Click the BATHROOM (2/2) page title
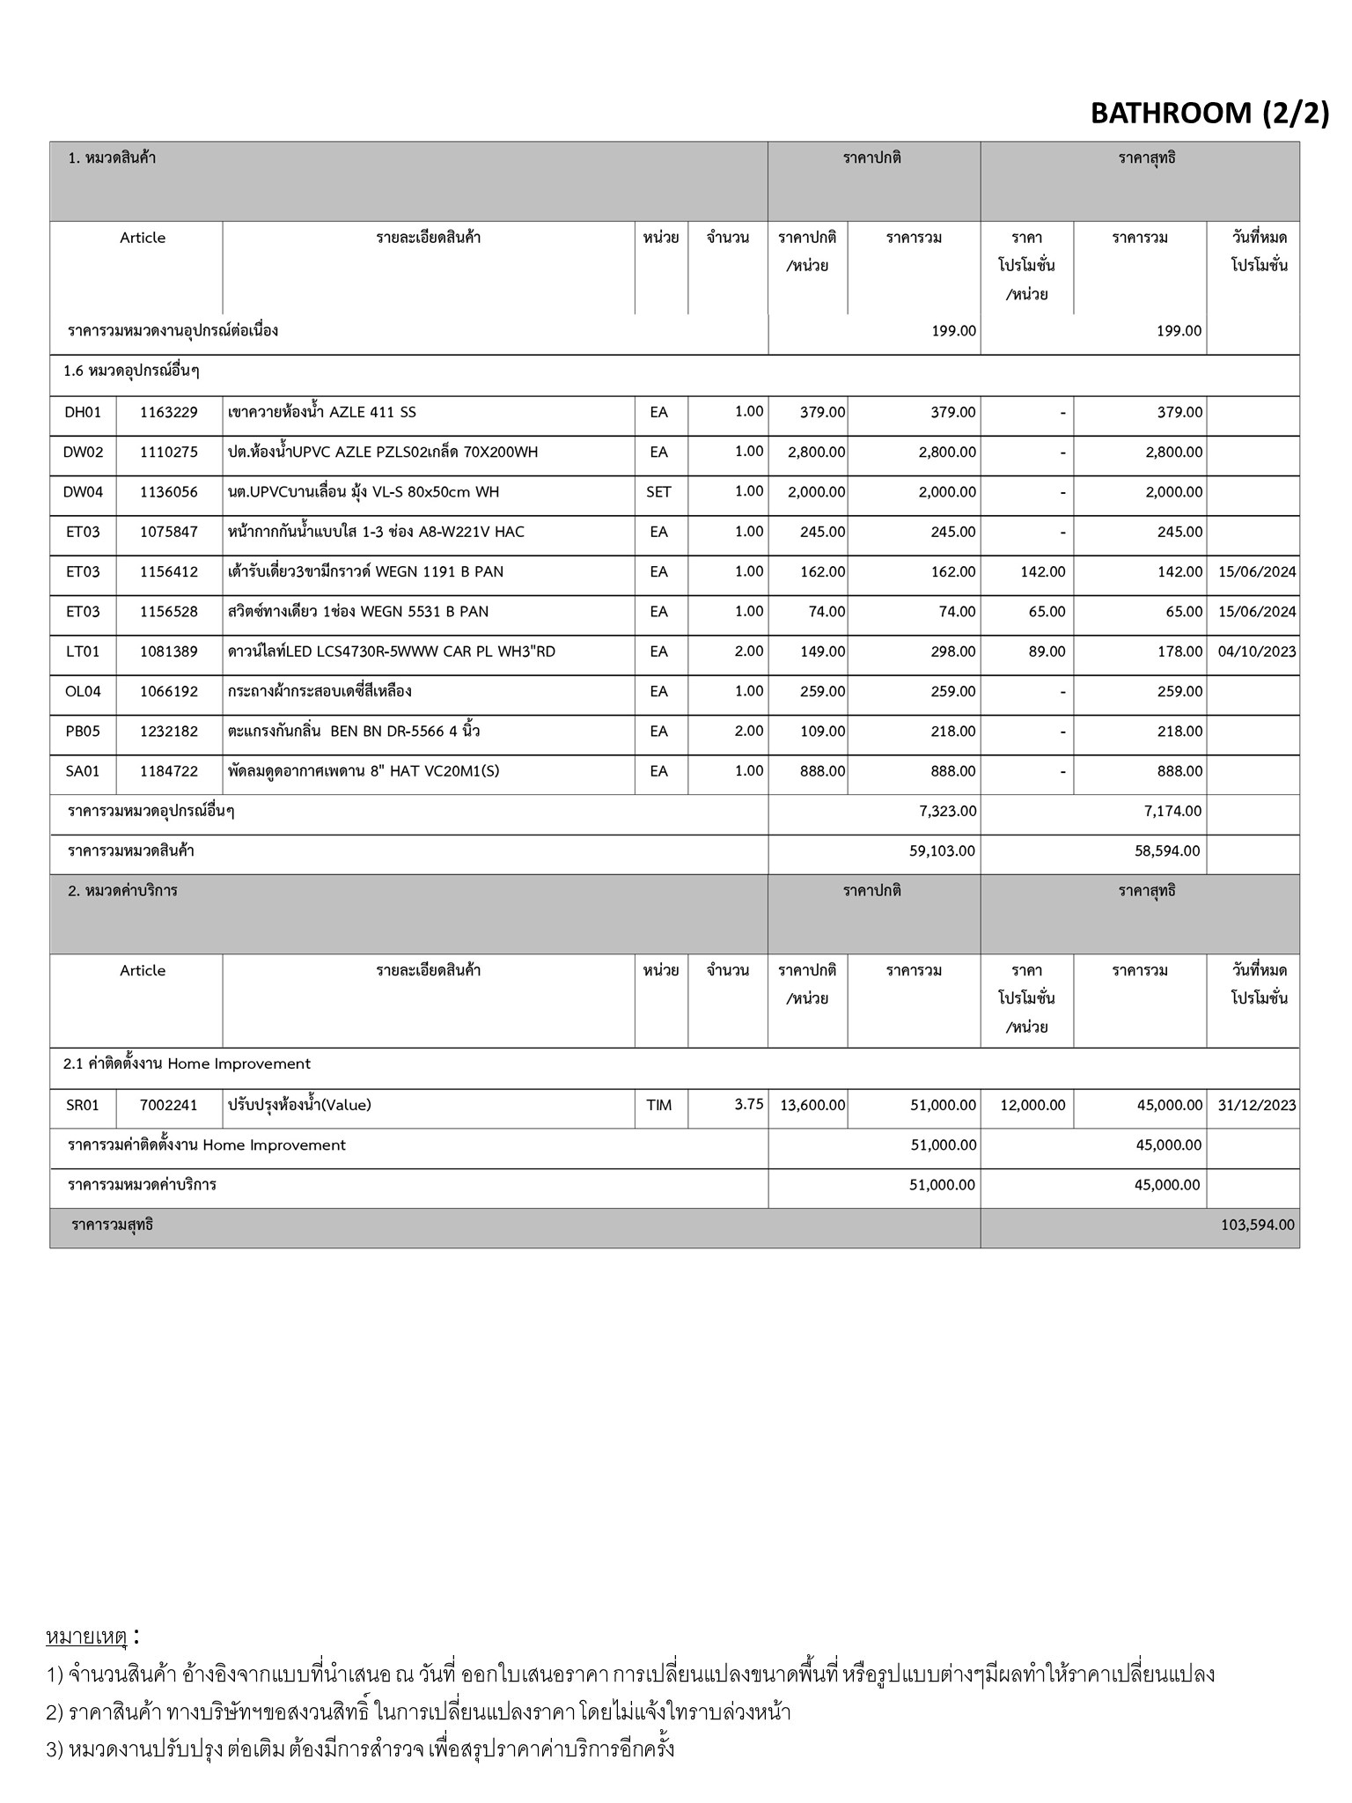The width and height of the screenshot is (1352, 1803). [1209, 113]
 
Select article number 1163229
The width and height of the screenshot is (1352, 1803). [169, 412]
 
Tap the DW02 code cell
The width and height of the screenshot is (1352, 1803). [83, 453]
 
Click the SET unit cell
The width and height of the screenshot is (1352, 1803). [658, 492]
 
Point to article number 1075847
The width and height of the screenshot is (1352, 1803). [169, 532]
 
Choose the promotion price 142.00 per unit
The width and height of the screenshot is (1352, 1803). [1042, 572]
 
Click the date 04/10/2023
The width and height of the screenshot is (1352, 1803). [1257, 651]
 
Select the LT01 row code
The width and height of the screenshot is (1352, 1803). [83, 651]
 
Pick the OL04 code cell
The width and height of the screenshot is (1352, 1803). [83, 692]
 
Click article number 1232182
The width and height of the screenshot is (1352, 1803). [169, 732]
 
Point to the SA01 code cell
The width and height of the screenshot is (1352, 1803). [83, 771]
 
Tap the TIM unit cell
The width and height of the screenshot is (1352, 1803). [658, 1105]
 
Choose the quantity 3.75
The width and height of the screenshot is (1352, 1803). [748, 1104]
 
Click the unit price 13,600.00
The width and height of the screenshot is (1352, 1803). [812, 1105]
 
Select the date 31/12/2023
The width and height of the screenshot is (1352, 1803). [1257, 1105]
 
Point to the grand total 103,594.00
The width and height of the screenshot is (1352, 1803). [1257, 1225]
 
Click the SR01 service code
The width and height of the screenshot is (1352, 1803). [83, 1105]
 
